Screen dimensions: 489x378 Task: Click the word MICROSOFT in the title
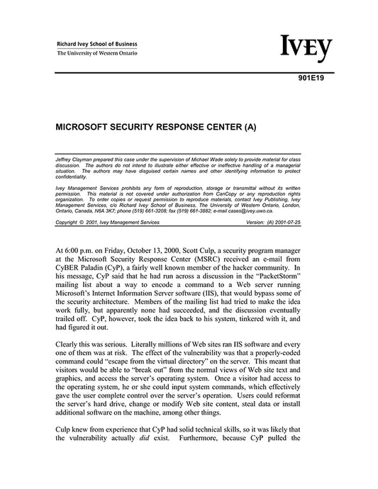[x=84, y=131]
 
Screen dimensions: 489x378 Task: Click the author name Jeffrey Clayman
[x=74, y=156]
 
